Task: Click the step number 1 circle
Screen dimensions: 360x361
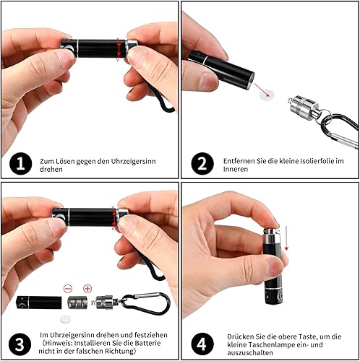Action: click(21, 164)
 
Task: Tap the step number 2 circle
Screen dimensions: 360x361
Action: click(202, 164)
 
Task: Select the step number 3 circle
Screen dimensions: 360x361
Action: click(20, 344)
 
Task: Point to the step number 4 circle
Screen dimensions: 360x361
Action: click(202, 344)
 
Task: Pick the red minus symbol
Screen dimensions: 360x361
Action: click(68, 288)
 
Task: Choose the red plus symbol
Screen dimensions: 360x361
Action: click(87, 288)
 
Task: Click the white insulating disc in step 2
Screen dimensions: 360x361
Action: click(267, 95)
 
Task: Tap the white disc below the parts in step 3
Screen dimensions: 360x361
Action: click(66, 319)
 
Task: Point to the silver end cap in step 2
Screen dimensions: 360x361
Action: click(303, 108)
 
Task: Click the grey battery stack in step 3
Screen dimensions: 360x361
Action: click(77, 303)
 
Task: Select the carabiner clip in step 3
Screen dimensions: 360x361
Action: click(146, 303)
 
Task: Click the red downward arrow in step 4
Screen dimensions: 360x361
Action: click(286, 238)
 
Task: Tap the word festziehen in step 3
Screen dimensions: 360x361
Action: click(151, 335)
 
